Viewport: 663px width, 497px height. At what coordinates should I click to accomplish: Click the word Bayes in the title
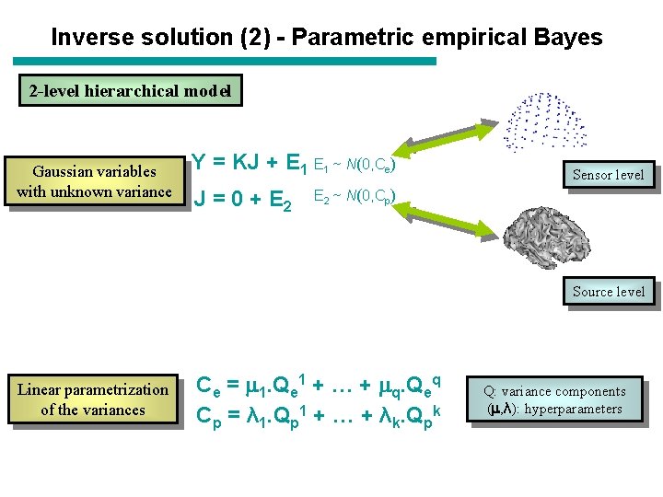[x=569, y=38]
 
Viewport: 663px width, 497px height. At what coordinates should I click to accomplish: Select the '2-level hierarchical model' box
[x=130, y=91]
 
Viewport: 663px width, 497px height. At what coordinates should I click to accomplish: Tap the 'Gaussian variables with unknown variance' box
[x=94, y=181]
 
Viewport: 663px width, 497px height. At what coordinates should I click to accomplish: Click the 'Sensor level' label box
[x=608, y=175]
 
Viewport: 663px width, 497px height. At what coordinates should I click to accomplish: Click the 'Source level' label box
[x=608, y=292]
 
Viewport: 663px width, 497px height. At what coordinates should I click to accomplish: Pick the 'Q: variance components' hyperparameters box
[x=554, y=400]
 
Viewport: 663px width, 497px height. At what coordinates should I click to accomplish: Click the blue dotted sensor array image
[x=547, y=121]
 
